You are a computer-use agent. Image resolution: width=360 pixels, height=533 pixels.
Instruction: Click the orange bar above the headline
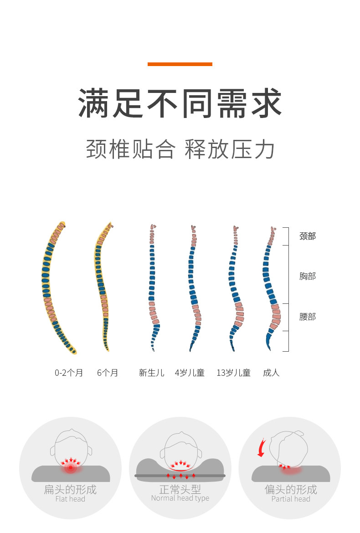(x=180, y=64)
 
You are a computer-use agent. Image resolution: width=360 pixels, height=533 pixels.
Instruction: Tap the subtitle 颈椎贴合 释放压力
(x=180, y=149)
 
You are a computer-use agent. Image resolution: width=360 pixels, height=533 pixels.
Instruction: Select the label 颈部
(x=307, y=236)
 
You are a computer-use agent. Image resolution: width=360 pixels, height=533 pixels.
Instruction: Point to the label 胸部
(x=307, y=276)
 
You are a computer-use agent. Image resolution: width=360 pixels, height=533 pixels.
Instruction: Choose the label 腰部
(x=307, y=317)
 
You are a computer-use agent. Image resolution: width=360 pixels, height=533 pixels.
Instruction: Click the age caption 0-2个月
(x=69, y=373)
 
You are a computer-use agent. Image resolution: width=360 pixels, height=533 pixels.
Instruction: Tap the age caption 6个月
(x=108, y=373)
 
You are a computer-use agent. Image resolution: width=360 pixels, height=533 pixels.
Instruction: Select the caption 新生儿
(x=151, y=373)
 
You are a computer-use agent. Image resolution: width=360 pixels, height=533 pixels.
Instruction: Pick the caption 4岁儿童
(x=190, y=373)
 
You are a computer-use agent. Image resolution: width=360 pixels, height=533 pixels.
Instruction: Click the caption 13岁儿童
(x=233, y=373)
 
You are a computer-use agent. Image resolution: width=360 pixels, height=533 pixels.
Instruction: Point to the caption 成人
(x=271, y=373)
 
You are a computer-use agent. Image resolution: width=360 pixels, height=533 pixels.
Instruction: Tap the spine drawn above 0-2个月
(x=50, y=287)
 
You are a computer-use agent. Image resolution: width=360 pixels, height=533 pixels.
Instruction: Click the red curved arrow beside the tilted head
(x=261, y=447)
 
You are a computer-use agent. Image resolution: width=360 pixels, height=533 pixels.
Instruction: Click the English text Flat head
(x=70, y=499)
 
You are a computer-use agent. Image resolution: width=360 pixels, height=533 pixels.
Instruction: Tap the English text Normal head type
(x=180, y=498)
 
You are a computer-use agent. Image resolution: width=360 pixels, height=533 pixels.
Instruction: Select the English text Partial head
(x=291, y=499)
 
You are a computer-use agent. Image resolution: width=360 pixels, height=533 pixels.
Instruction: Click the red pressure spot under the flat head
(x=71, y=467)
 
